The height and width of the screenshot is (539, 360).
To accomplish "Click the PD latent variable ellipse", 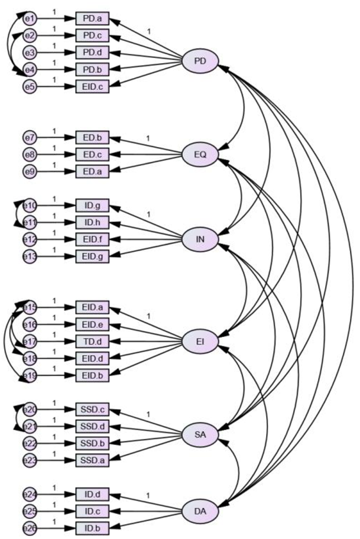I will (200, 61).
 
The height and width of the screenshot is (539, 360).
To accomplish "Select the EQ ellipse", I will (200, 154).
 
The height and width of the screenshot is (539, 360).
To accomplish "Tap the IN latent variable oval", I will (200, 239).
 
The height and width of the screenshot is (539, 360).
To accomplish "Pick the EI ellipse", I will (200, 342).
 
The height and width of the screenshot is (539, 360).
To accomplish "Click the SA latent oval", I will (200, 434).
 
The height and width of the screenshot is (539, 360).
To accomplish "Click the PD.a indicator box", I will (92, 19).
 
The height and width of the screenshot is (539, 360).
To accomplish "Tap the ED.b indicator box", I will (92, 138).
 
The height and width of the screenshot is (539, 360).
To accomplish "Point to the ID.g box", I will (92, 206).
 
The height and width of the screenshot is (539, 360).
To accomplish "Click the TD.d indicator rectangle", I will (92, 342).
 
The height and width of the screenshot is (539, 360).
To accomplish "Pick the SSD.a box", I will (92, 460).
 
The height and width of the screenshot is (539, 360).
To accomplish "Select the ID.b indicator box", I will (92, 527).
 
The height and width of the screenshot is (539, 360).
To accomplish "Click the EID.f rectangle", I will (92, 239).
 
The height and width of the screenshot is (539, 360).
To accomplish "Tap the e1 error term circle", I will (29, 19).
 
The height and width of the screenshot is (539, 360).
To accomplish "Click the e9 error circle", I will (29, 172).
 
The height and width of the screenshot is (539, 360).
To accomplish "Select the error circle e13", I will (29, 256).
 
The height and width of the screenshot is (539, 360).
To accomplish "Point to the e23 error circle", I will (29, 460).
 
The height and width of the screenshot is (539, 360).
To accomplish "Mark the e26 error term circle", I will (29, 527).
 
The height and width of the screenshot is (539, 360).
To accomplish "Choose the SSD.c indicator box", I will (92, 409).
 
